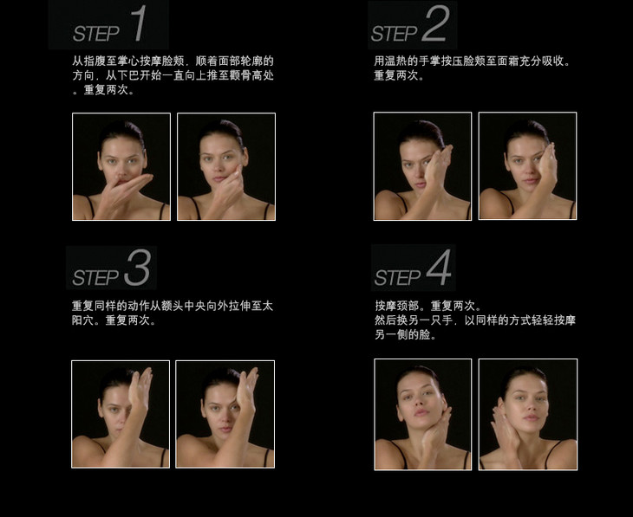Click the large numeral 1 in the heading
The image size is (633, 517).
[x=140, y=23]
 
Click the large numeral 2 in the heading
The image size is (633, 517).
[x=434, y=23]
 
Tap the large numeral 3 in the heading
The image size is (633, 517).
[x=138, y=268]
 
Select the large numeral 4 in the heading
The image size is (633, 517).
[x=439, y=268]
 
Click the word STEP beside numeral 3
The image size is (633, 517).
[x=95, y=277]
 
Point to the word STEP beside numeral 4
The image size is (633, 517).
[x=397, y=277]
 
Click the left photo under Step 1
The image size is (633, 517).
[x=121, y=166]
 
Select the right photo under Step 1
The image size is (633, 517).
[x=226, y=166]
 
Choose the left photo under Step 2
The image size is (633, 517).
[x=422, y=166]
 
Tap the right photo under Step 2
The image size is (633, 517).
[x=527, y=166]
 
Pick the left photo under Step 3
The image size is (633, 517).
[x=121, y=414]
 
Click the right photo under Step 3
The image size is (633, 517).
[x=225, y=414]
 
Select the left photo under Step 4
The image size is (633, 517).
[x=422, y=415]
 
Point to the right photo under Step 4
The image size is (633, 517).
[x=527, y=415]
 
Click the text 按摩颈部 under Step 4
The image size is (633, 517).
[x=397, y=306]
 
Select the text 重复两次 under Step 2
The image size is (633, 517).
[x=395, y=75]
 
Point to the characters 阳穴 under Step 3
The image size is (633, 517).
[x=82, y=320]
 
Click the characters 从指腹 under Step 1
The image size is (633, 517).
[x=88, y=61]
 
